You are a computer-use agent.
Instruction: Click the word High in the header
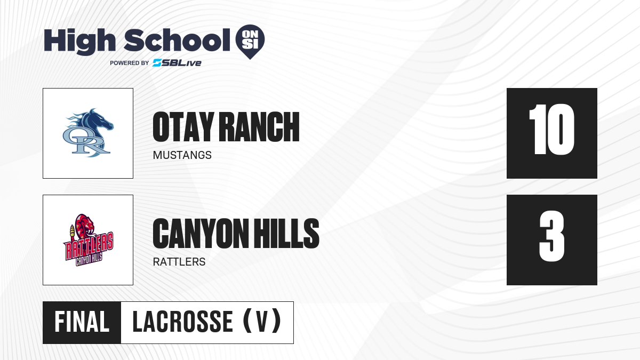click(x=80, y=42)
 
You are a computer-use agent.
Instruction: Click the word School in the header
click(x=177, y=40)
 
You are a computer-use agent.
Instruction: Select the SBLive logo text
click(x=177, y=63)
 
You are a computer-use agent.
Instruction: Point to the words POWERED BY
click(x=130, y=63)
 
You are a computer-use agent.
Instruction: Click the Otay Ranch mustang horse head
click(x=94, y=122)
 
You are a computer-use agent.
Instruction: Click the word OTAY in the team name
click(x=183, y=127)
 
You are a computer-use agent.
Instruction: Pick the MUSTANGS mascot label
click(x=182, y=155)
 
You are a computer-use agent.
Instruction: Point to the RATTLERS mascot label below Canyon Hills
click(x=179, y=262)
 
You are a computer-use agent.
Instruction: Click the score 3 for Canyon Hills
click(x=551, y=236)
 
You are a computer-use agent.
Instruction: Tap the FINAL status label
click(x=82, y=322)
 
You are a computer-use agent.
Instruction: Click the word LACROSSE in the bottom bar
click(x=183, y=322)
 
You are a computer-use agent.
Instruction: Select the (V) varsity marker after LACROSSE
click(x=262, y=321)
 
